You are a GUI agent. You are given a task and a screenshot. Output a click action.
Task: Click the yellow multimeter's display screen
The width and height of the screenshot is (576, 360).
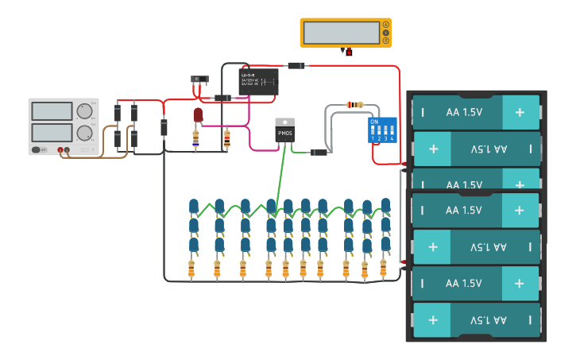click(x=342, y=33)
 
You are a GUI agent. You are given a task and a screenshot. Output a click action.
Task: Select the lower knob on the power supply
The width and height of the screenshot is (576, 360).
click(x=84, y=133)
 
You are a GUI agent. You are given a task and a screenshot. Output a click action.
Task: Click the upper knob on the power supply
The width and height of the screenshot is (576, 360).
click(x=84, y=111)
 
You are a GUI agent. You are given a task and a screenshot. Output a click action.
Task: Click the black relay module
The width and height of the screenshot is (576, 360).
click(x=258, y=82)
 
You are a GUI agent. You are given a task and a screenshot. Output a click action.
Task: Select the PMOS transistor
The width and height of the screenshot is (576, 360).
click(x=284, y=131)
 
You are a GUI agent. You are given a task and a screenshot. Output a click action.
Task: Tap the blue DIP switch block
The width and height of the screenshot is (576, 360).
click(x=382, y=130)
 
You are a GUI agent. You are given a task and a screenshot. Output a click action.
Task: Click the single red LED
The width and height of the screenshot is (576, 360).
click(x=198, y=115)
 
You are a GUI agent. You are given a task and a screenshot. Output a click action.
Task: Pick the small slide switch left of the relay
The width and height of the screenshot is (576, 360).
click(x=199, y=79)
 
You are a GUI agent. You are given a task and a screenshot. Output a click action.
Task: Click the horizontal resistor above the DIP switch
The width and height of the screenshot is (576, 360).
click(x=355, y=105)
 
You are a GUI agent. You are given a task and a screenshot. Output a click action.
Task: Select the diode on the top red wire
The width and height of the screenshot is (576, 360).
click(x=296, y=65)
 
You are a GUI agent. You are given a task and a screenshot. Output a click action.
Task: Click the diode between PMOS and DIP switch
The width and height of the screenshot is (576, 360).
click(x=319, y=152)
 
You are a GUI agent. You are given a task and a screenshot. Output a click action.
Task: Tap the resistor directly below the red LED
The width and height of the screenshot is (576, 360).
click(x=196, y=139)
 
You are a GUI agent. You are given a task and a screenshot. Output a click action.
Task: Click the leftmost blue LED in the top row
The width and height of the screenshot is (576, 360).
click(x=194, y=207)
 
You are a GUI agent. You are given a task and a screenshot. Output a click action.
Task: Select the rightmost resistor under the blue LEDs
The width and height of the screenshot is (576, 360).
click(x=383, y=268)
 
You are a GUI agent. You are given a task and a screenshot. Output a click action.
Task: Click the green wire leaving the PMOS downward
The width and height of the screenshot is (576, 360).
click(x=280, y=175)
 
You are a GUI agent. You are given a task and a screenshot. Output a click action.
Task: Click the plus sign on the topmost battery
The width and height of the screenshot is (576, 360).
click(x=520, y=112)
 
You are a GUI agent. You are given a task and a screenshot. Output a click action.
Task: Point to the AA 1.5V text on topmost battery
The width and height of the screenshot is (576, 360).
click(x=464, y=112)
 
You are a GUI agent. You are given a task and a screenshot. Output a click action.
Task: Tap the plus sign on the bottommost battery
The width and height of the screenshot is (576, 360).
click(x=433, y=320)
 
